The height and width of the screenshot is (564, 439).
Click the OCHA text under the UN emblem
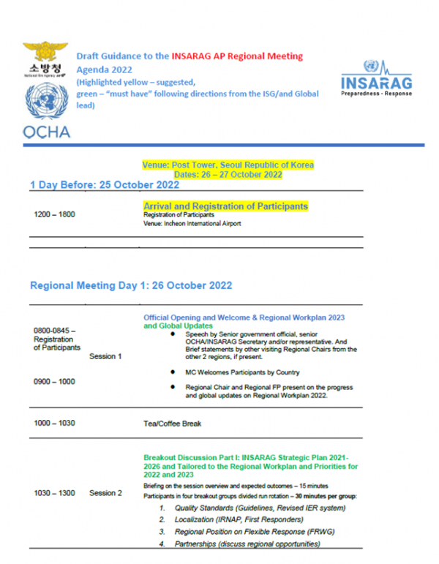(x=47, y=132)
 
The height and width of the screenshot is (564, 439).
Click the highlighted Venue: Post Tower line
(x=229, y=165)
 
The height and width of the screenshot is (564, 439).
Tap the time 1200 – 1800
(x=55, y=215)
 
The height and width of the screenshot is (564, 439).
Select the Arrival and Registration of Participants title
(x=225, y=206)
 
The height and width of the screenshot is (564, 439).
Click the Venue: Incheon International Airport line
(x=192, y=224)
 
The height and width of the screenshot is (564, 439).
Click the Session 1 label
(x=105, y=356)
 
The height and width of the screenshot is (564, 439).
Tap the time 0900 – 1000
(x=55, y=381)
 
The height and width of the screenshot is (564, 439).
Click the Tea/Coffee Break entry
(x=172, y=424)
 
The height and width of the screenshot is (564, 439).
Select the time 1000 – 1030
(x=55, y=424)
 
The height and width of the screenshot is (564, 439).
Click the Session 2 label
(x=105, y=493)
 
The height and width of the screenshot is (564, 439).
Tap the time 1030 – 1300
(x=55, y=493)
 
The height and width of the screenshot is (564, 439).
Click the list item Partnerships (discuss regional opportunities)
(x=247, y=544)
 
